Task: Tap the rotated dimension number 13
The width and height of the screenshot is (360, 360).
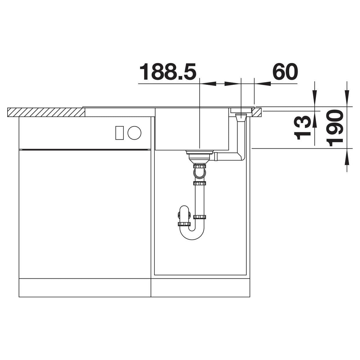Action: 302,128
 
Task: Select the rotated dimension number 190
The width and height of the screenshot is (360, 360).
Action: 334,128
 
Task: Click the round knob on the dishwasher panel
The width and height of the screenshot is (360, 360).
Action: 134,133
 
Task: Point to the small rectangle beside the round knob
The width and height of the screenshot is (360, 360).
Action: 120,133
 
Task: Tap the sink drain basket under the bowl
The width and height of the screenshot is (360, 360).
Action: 200,156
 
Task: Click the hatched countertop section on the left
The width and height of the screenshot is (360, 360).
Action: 46,112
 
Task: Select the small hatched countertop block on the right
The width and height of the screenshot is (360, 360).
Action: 257,112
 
